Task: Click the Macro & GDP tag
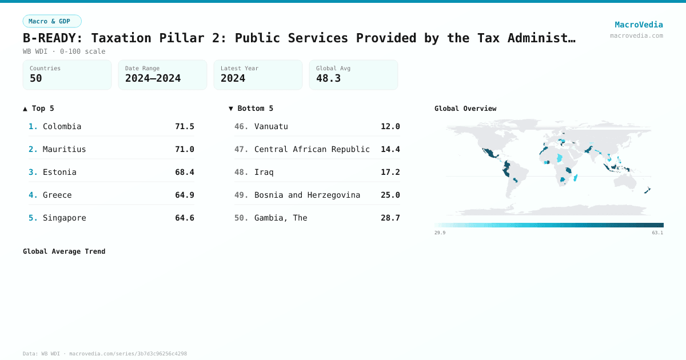click(x=52, y=21)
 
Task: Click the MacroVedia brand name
click(x=639, y=25)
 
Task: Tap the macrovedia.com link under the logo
click(x=636, y=35)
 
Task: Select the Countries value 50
click(x=36, y=78)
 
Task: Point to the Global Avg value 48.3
click(x=328, y=78)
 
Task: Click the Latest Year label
click(x=239, y=69)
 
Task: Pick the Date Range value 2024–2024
click(x=153, y=78)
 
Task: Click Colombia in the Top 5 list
click(x=62, y=126)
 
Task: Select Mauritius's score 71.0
click(x=184, y=149)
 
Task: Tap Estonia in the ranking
click(x=59, y=172)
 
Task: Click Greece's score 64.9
click(x=184, y=195)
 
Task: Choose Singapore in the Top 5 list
click(x=64, y=218)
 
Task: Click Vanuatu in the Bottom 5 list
click(x=271, y=126)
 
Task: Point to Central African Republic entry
click(x=312, y=149)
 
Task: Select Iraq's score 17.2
click(x=390, y=172)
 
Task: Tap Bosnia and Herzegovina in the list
click(x=307, y=195)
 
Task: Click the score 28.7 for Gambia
click(x=390, y=218)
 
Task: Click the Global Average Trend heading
click(x=64, y=251)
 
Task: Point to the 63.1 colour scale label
click(x=657, y=233)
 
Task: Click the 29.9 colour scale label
click(x=440, y=233)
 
